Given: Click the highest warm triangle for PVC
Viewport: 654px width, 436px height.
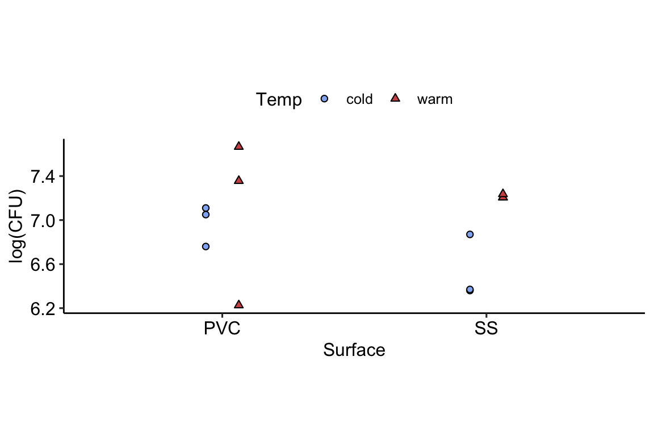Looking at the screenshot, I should [x=238, y=146].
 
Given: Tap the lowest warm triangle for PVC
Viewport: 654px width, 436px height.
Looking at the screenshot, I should [x=238, y=305].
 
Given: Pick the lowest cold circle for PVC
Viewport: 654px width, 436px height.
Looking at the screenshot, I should [x=206, y=246].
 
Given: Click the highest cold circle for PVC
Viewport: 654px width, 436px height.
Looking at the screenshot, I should [x=206, y=208].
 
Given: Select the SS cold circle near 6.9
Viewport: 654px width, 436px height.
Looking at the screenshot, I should [x=469, y=234].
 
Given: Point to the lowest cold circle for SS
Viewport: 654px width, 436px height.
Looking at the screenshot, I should [x=469, y=290].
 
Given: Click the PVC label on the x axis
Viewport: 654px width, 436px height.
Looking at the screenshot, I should [x=222, y=329].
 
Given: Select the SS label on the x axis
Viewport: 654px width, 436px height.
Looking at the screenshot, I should [x=486, y=329].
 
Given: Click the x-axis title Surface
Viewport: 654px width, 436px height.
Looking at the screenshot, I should [x=354, y=350].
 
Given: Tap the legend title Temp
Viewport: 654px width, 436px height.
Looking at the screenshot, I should [x=279, y=99].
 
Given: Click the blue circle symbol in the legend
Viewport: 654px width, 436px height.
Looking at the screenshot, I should [x=324, y=99].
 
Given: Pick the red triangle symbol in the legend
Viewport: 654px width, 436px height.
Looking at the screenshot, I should [x=395, y=98].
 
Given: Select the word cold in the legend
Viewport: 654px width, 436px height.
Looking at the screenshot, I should [x=359, y=99].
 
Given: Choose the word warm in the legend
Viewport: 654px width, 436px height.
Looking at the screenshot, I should [x=435, y=99].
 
